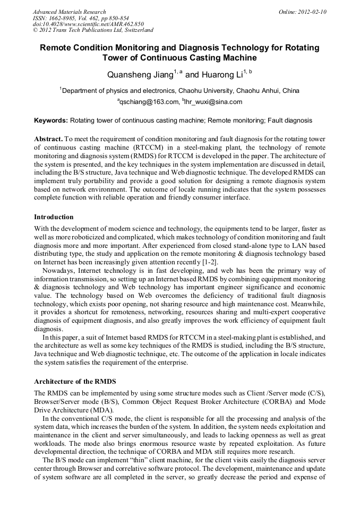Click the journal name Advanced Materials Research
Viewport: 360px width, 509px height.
coord(69,12)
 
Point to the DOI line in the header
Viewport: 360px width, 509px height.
coord(88,24)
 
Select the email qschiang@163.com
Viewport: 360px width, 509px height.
coord(149,102)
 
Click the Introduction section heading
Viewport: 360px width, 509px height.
coord(54,217)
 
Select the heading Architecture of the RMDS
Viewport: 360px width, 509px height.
coord(75,381)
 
